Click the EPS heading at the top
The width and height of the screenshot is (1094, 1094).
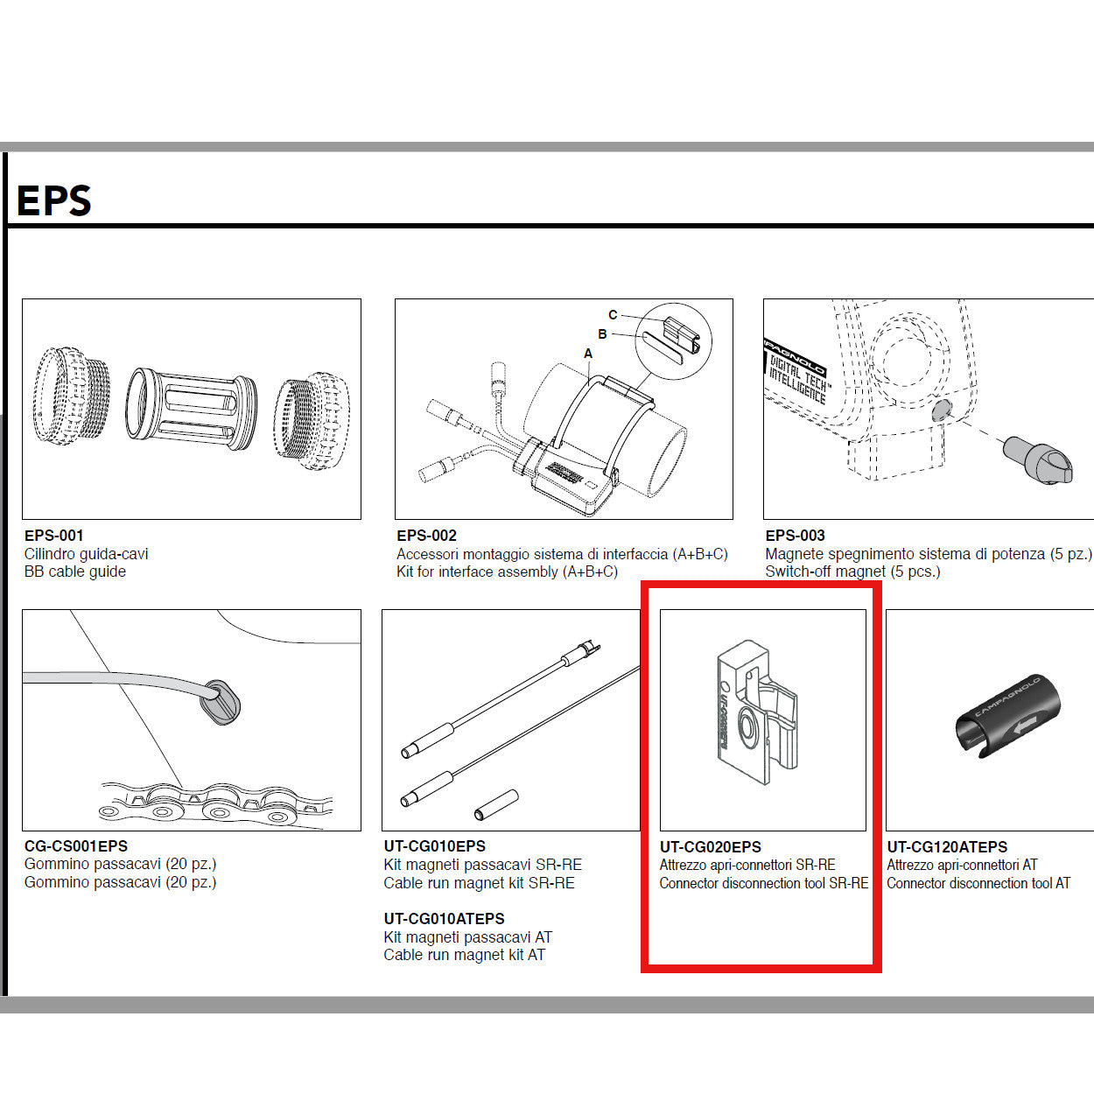pos(54,200)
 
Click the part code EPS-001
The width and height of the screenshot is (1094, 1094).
pos(54,536)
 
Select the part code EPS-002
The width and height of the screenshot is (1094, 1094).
pos(426,536)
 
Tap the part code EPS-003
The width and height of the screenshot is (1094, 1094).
pos(795,536)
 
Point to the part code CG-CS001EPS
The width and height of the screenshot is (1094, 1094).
pos(76,846)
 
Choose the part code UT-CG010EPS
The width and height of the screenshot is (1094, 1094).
pos(434,846)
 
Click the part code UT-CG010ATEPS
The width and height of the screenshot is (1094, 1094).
pos(444,919)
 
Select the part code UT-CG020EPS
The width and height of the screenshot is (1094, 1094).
pos(710,847)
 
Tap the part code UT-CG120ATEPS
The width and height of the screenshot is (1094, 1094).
pos(947,847)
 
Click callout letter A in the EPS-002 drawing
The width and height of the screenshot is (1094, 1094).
pos(588,354)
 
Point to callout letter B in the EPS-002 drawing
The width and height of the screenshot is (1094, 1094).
pos(602,334)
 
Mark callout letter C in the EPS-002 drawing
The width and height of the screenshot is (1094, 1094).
pos(613,315)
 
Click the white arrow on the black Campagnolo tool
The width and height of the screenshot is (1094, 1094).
pos(1024,724)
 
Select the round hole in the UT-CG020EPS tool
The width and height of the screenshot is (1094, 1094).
pos(749,727)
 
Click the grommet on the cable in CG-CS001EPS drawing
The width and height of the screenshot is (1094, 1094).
pos(221,703)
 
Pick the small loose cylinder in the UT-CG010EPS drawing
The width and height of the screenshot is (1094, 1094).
pos(496,804)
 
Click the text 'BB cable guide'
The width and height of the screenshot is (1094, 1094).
pos(75,572)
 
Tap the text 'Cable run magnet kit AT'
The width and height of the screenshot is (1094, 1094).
pos(464,955)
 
